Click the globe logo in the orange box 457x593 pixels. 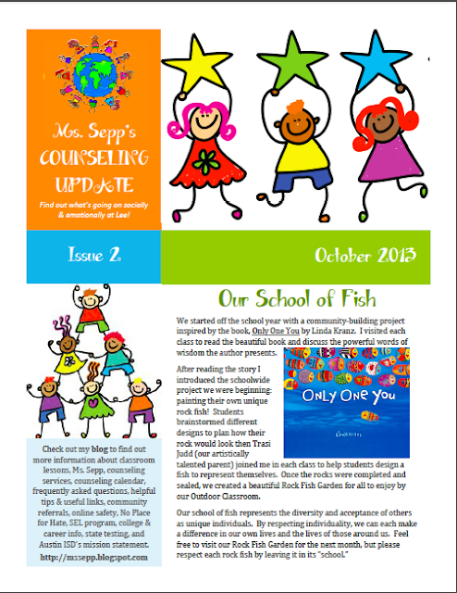click(80, 74)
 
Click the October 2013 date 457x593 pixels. click(364, 255)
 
